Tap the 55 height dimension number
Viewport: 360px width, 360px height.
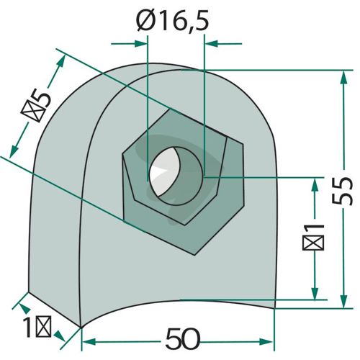coord(343,191)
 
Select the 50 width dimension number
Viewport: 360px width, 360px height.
coord(183,339)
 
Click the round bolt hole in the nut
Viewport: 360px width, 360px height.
coord(176,176)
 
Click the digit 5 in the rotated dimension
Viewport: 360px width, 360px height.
coord(42,97)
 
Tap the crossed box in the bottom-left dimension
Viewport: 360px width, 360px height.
coord(43,326)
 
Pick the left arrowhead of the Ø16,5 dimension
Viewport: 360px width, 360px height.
coord(141,44)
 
